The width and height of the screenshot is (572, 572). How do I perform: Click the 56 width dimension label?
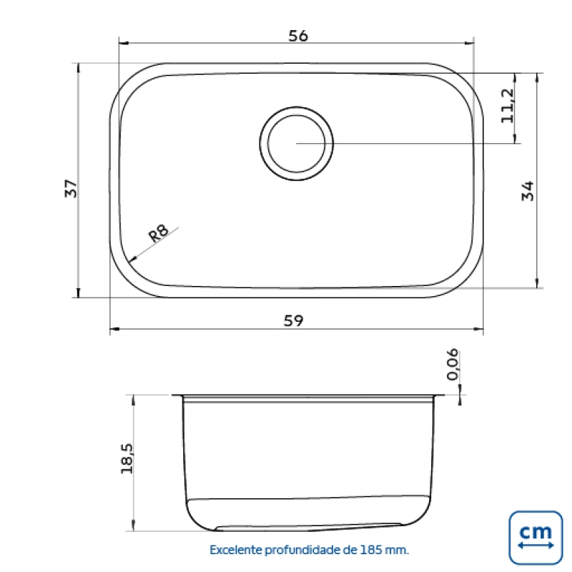298,36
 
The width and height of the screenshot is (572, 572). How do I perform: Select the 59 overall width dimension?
293,320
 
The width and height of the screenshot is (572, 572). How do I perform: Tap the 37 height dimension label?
71,188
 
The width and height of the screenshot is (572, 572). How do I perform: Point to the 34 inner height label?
528,191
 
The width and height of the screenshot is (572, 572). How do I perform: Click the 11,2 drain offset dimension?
508,106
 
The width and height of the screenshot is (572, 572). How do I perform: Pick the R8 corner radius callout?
159,233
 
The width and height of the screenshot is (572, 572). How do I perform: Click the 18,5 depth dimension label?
127,458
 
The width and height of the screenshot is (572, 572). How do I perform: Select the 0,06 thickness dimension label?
453,364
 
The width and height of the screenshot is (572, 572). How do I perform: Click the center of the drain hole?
296,144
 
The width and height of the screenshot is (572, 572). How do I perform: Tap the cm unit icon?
536,538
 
